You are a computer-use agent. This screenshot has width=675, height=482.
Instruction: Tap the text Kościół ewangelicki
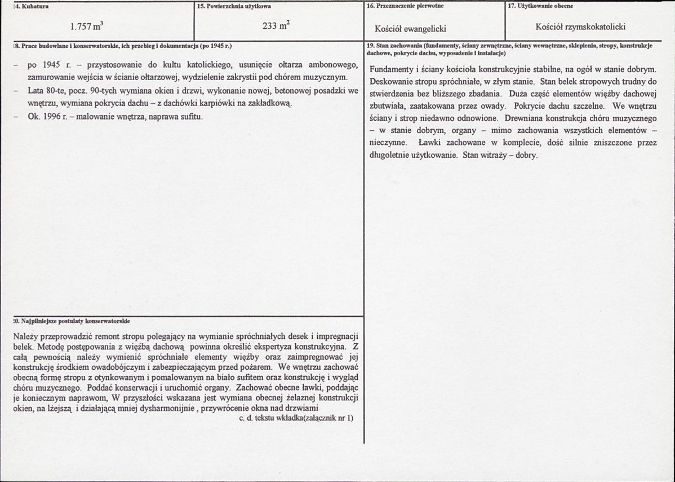(410, 28)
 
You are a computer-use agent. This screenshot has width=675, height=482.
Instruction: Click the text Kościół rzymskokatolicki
(580, 26)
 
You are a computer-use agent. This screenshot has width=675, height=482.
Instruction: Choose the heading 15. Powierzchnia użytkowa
(234, 6)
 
